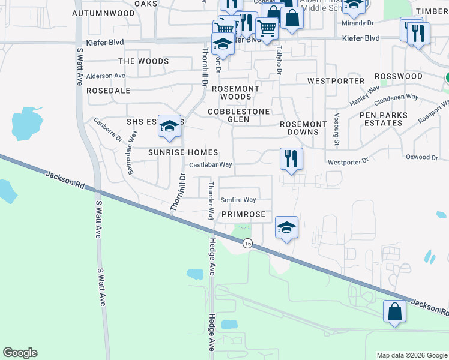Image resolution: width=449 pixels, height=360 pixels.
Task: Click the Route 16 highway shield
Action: [247, 243]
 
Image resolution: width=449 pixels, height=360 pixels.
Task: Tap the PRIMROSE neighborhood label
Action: [243, 214]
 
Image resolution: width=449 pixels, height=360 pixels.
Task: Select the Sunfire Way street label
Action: [238, 200]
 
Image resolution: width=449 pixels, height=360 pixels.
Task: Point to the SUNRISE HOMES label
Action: [183, 153]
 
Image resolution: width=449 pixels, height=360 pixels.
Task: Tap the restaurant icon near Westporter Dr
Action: [291, 160]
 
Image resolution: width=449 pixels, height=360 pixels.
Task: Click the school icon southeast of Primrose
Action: [286, 227]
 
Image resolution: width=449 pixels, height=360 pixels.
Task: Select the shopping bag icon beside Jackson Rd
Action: [394, 311]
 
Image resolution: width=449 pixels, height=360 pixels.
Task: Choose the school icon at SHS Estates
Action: [170, 127]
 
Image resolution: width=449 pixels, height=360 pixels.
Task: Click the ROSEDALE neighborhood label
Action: [109, 90]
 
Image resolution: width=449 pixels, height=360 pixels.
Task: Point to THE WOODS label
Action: [143, 61]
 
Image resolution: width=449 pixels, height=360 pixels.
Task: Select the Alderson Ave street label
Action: [106, 76]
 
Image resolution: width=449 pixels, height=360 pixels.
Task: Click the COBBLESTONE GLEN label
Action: [239, 115]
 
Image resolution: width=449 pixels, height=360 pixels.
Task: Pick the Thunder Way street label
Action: [211, 200]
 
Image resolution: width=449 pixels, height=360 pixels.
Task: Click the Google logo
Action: [20, 353]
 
